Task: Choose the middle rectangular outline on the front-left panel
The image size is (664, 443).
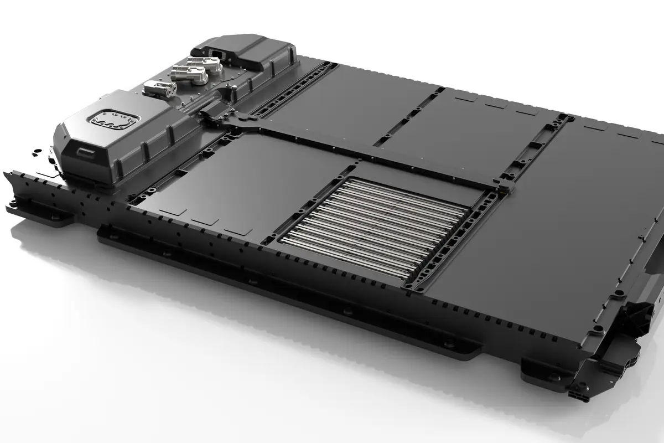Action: click(x=204, y=220)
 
